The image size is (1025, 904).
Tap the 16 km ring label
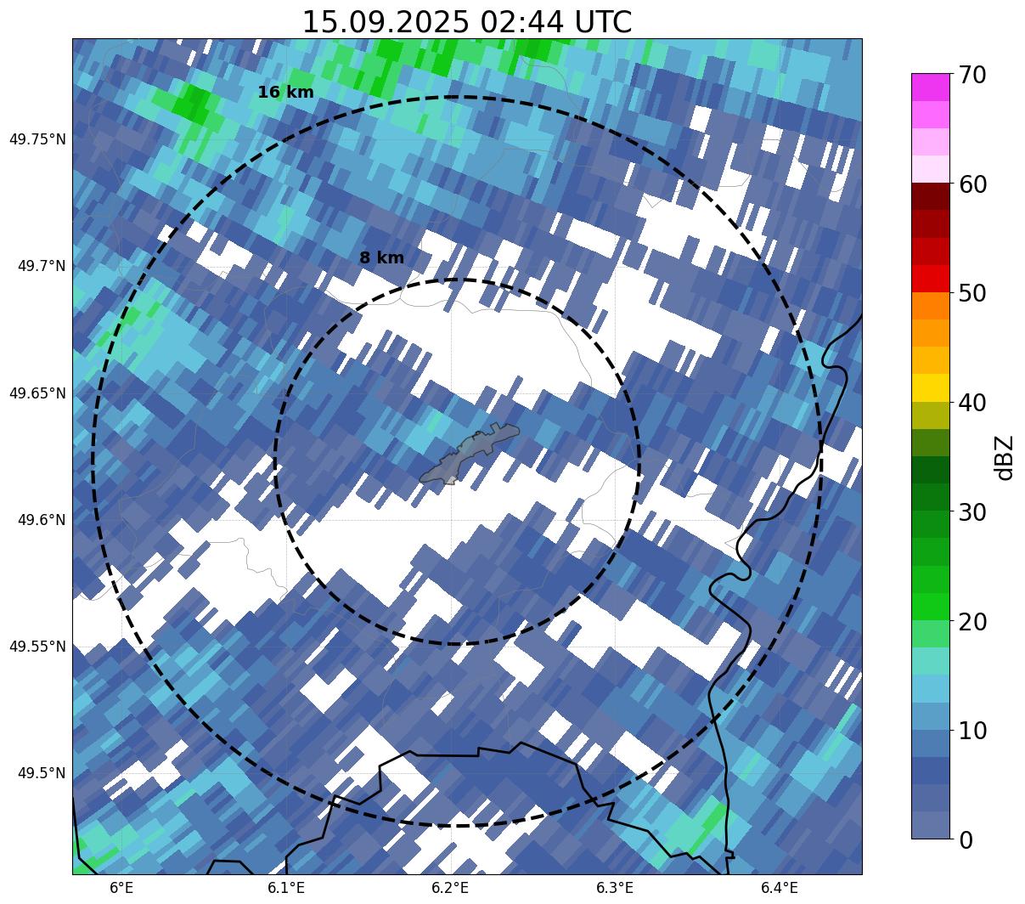point(285,93)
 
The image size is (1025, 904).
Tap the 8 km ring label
point(381,258)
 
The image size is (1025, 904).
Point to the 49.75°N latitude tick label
point(37,139)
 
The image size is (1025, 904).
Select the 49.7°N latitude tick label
point(41,267)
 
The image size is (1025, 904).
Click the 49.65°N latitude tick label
point(37,393)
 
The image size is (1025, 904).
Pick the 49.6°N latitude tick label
point(41,520)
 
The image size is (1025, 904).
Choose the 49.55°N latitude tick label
point(37,647)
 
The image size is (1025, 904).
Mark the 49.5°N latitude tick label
point(41,773)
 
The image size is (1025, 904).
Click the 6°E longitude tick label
point(121,888)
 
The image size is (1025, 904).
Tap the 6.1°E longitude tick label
point(286,888)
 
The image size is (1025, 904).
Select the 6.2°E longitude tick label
point(450,888)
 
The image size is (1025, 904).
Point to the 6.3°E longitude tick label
point(615,888)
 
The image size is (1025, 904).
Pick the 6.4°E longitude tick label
point(779,888)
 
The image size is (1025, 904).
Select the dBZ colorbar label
point(1005,457)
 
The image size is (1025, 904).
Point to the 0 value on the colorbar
point(967,840)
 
